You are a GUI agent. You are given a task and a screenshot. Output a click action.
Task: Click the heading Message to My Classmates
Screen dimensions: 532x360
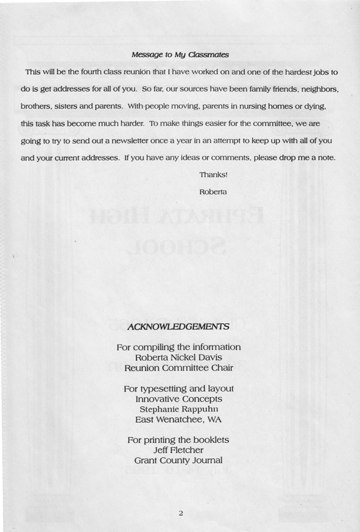(179, 55)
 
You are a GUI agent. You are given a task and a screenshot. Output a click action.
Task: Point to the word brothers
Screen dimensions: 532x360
(36, 106)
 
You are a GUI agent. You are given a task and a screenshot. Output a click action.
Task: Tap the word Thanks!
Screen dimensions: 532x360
(213, 175)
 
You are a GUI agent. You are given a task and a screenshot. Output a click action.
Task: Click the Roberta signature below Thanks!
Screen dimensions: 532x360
(213, 191)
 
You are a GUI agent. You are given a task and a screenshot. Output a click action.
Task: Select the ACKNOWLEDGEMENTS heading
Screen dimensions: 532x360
(178, 327)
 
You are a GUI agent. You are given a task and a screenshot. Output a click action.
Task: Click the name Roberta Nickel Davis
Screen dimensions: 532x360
(178, 357)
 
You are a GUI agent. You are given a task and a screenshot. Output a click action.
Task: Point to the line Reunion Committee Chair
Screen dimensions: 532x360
(178, 368)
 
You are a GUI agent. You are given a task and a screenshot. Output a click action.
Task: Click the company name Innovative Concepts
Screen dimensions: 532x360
(178, 399)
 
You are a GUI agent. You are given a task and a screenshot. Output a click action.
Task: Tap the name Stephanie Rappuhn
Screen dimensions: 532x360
(178, 409)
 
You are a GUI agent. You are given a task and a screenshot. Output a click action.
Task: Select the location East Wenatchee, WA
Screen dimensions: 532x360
(178, 420)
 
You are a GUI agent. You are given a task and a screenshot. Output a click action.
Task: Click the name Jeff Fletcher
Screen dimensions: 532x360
(178, 450)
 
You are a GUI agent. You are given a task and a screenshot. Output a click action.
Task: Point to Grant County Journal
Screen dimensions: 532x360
(178, 461)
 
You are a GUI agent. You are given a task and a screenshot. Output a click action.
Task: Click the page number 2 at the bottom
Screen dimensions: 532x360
(181, 513)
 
